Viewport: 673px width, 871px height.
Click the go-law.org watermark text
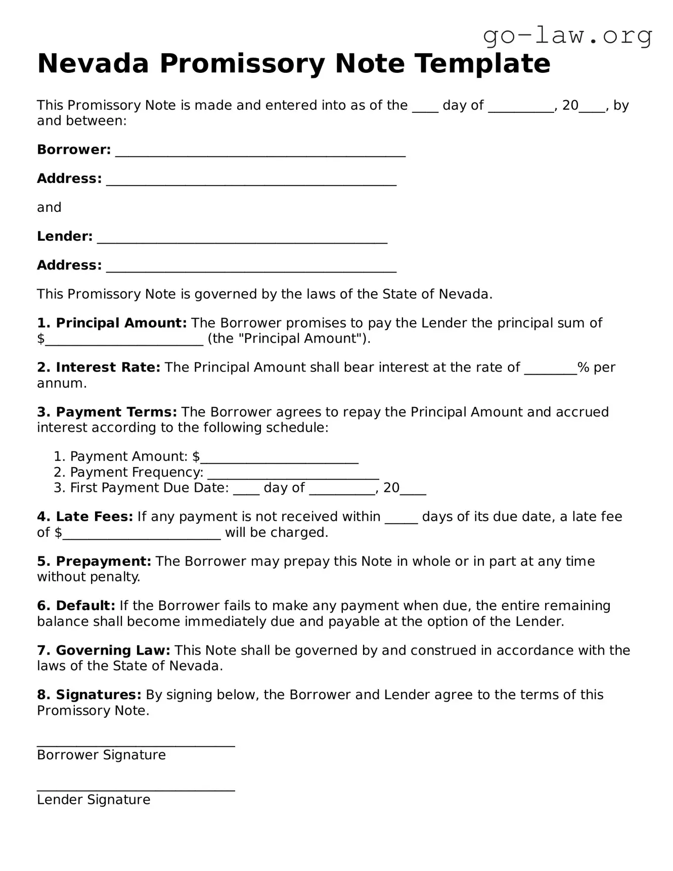pyautogui.click(x=567, y=35)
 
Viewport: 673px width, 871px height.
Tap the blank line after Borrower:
pyautogui.click(x=260, y=153)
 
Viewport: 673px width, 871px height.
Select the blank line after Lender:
pyautogui.click(x=242, y=240)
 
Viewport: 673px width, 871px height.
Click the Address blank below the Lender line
pyautogui.click(x=251, y=268)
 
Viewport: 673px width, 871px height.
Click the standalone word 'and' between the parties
pyautogui.click(x=49, y=208)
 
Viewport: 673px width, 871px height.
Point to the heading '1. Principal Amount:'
pyautogui.click(x=112, y=323)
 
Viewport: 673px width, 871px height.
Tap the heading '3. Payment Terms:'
pyautogui.click(x=107, y=412)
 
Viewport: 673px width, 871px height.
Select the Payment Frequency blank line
pyautogui.click(x=293, y=475)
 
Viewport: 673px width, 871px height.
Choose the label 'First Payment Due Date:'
pyautogui.click(x=149, y=488)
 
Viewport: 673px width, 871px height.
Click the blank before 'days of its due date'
pyautogui.click(x=401, y=520)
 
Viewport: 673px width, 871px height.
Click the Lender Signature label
pyautogui.click(x=94, y=800)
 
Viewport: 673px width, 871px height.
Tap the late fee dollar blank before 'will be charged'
pyautogui.click(x=142, y=536)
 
